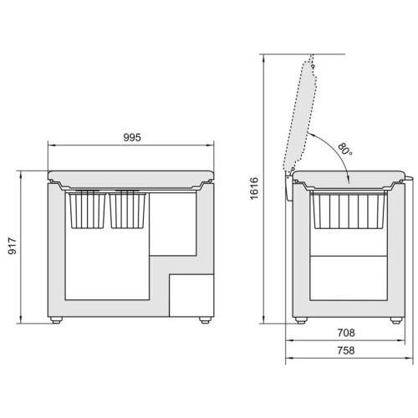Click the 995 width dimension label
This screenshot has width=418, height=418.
point(132,137)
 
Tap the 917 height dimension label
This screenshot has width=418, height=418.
point(13,246)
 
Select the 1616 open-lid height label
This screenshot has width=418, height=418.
point(254,188)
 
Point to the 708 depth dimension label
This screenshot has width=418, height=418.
point(346,333)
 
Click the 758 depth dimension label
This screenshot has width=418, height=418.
point(346,350)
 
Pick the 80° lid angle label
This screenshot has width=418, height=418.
point(345,150)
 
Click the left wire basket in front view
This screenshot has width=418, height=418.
point(87,210)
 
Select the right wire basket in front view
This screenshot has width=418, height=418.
point(127,210)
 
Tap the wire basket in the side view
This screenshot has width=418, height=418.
point(349,211)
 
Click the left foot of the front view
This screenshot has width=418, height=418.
point(56,320)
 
